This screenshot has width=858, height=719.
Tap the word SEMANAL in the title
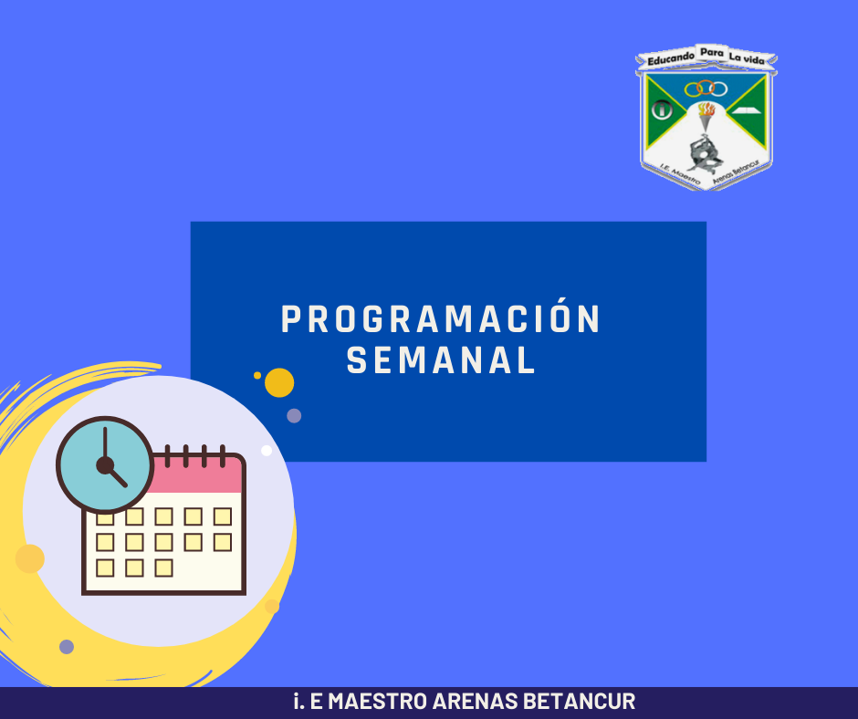pos(441,360)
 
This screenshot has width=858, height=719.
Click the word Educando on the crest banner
pos(671,58)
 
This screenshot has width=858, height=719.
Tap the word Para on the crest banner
pos(712,53)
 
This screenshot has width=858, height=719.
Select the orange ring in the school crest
pos(706,87)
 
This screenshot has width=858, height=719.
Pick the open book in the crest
pos(747,111)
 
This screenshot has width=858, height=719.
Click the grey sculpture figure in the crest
pos(704,152)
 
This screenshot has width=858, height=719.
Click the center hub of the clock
pos(105,465)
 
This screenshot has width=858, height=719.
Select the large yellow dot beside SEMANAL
pos(279,382)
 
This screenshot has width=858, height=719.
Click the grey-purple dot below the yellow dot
pos(294,416)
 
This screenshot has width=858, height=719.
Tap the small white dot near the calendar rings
pos(267,451)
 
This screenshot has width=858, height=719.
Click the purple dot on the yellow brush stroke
pos(67,647)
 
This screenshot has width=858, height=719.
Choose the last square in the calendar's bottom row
pos(163,568)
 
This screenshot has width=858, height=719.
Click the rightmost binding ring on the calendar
pos(223,456)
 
